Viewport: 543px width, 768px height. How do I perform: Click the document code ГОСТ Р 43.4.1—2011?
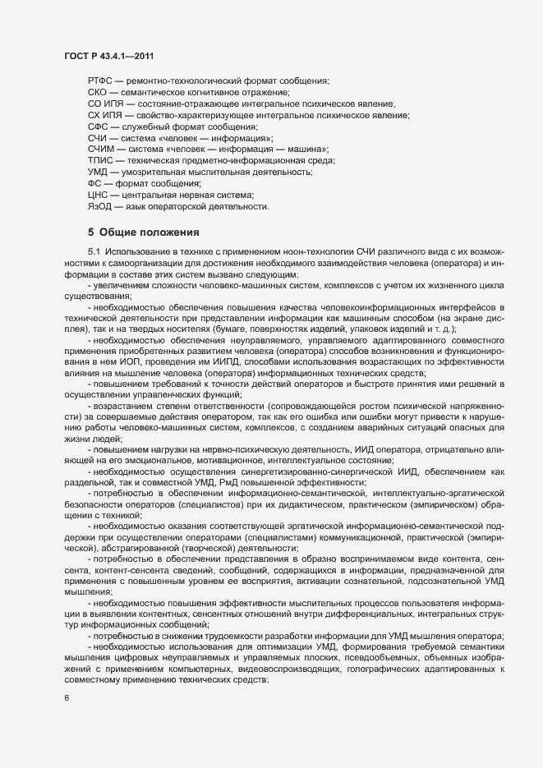click(x=108, y=55)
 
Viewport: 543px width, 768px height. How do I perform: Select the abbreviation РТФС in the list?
click(x=100, y=80)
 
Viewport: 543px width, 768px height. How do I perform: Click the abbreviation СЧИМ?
click(x=102, y=149)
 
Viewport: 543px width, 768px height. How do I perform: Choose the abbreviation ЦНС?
click(x=98, y=195)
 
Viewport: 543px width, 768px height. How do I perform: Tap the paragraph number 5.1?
click(x=94, y=251)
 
